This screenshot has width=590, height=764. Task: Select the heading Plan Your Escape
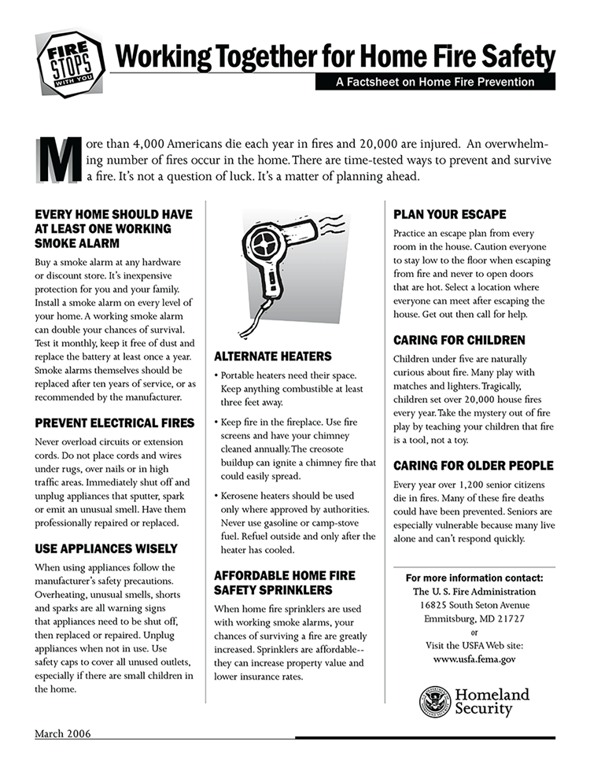(449, 214)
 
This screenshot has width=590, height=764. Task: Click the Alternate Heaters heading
(272, 356)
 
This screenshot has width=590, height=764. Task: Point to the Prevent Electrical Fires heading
(115, 423)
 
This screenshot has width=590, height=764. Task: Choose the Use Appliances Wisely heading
(106, 548)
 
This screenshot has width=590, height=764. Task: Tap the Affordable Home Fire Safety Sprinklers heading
(284, 582)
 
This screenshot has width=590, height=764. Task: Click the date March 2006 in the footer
(62, 734)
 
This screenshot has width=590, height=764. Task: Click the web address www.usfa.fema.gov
(474, 659)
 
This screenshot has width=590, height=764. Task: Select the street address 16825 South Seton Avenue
(474, 604)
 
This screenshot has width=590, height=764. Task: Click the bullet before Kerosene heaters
(217, 496)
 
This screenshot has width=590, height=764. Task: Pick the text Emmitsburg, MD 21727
(474, 618)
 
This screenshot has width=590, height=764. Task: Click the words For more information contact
(474, 578)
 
